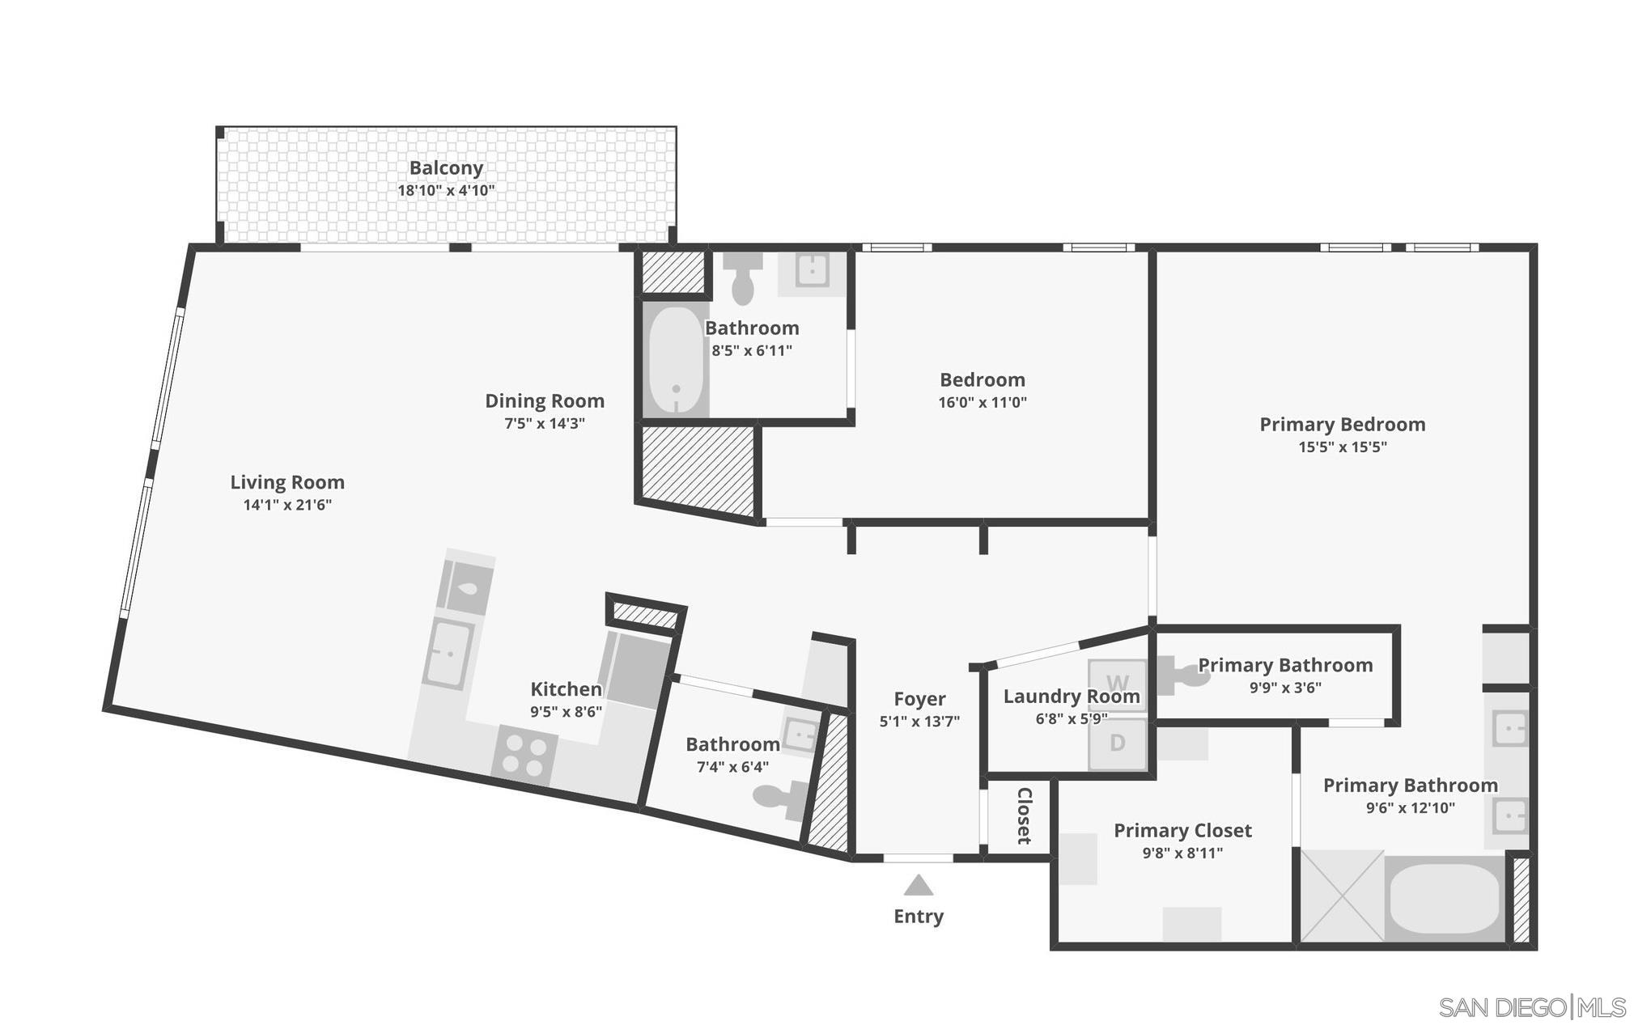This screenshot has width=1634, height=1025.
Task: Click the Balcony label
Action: click(x=446, y=167)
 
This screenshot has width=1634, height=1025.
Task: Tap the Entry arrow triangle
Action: click(x=918, y=885)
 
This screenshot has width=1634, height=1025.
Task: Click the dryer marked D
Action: click(x=1118, y=743)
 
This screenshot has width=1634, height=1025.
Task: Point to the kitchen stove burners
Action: click(x=524, y=754)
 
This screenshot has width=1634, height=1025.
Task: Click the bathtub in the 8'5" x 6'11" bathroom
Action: click(x=675, y=359)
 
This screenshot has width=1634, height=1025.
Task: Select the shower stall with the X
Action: click(x=1342, y=896)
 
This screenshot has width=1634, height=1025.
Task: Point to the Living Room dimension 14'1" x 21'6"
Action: click(x=287, y=505)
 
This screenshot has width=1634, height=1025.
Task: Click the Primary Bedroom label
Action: click(x=1342, y=424)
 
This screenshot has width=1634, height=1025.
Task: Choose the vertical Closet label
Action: click(x=1024, y=815)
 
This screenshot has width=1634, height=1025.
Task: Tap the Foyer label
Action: click(x=919, y=698)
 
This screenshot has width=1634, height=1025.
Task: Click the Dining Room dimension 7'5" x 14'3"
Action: click(x=544, y=423)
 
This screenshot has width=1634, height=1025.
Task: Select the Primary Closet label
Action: click(x=1182, y=830)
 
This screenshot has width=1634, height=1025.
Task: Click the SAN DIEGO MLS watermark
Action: click(x=1531, y=1007)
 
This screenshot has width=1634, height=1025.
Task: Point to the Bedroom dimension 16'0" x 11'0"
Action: click(x=982, y=402)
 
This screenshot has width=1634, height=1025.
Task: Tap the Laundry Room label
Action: click(x=1071, y=696)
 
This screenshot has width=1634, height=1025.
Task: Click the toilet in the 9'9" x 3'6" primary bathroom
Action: click(x=1182, y=674)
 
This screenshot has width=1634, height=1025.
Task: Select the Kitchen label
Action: click(x=566, y=688)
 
